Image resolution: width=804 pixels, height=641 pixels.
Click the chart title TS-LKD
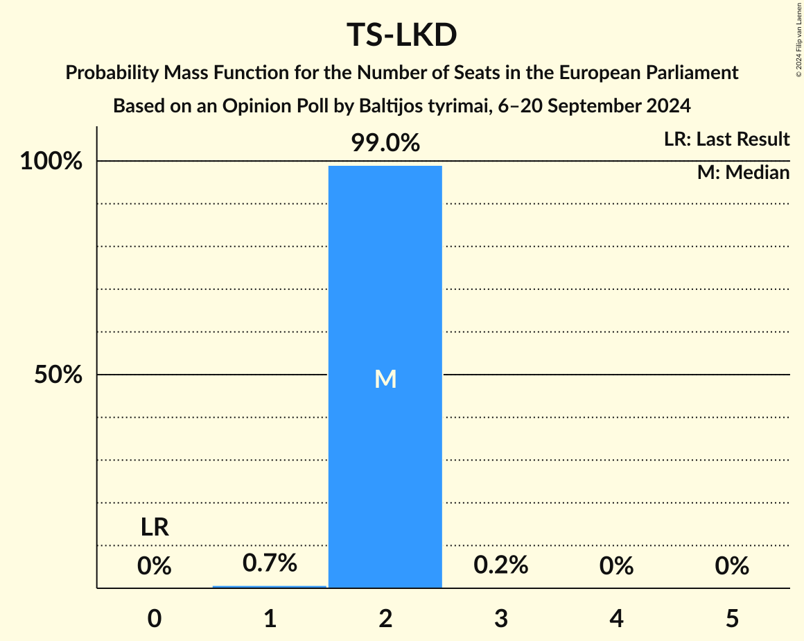point(401,36)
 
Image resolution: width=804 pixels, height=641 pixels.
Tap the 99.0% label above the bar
point(385,143)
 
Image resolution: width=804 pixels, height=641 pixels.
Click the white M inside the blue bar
point(385,379)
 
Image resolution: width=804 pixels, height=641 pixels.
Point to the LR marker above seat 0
point(154,528)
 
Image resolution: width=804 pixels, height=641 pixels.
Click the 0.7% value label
point(270,563)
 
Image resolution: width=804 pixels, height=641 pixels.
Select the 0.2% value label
point(500,565)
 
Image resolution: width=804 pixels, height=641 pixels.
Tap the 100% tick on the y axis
point(51,162)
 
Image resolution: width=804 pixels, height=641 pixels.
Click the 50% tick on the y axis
point(58,375)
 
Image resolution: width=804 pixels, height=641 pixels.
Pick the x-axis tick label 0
point(154,618)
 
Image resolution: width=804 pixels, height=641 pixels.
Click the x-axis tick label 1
point(270,618)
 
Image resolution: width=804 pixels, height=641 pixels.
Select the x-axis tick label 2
point(385,618)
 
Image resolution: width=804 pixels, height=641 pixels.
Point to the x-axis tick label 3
point(500,618)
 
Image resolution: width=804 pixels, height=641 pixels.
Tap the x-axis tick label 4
point(616,618)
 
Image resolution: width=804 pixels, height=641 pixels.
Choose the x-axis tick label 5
point(732,618)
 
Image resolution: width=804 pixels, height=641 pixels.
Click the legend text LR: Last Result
point(726,139)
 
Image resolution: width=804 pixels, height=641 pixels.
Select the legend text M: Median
point(743,173)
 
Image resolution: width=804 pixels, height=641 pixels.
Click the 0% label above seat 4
point(616,566)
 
